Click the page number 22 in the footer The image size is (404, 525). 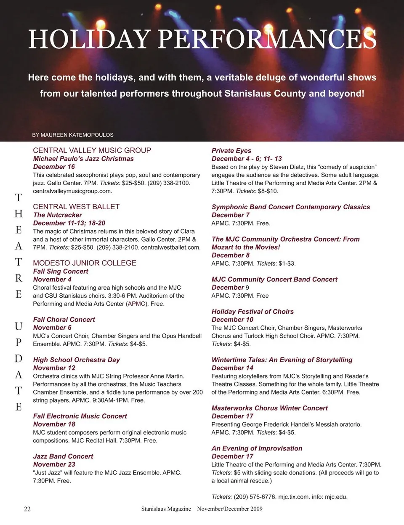coord(27,509)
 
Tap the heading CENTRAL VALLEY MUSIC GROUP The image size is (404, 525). coord(92,150)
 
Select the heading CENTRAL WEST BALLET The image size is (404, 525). coord(76,207)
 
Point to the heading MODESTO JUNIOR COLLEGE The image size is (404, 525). coord(85,263)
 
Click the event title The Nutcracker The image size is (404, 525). coord(57,215)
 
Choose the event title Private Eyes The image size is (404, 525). coord(231,151)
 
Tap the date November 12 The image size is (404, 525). coord(54,368)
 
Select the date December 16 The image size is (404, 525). coord(54,167)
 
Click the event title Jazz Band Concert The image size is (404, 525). coord(63,456)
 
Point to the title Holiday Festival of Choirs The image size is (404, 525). coord(252,312)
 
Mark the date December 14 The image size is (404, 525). coord(232,368)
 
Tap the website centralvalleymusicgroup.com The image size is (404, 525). coord(72,191)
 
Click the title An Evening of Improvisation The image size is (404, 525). coord(257,448)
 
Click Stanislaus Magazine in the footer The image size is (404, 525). coord(166,509)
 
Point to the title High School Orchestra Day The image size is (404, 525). coord(76,360)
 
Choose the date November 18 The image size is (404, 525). coord(54,424)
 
